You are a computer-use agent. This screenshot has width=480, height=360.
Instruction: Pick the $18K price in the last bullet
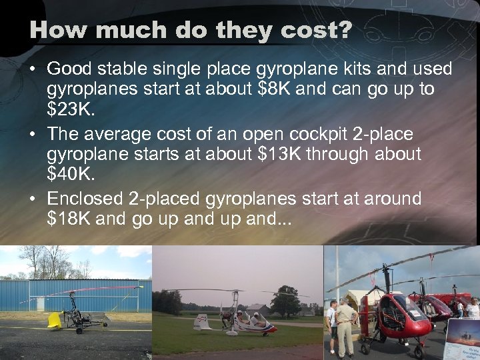click(x=69, y=219)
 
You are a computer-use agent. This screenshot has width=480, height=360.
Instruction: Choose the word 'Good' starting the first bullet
click(x=71, y=69)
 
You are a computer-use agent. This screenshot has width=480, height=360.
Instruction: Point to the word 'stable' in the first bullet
click(x=126, y=69)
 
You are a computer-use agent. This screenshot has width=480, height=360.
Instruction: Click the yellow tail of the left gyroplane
click(x=54, y=321)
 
